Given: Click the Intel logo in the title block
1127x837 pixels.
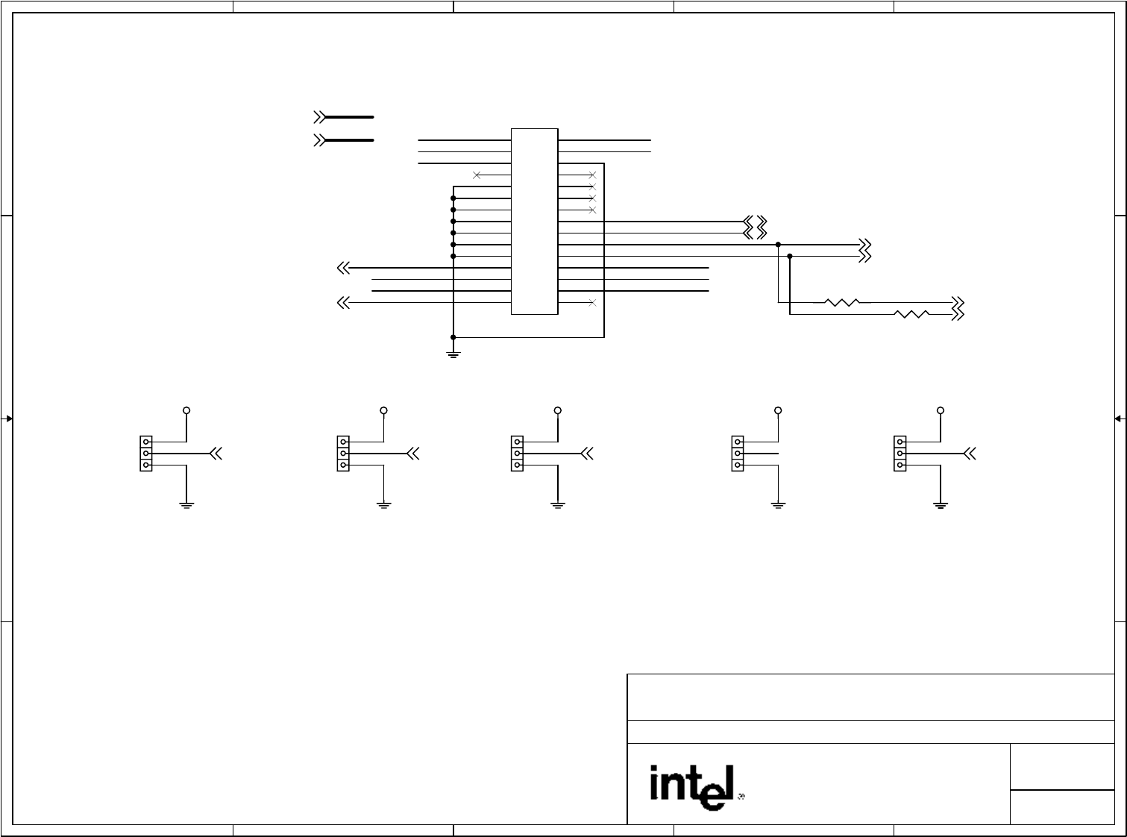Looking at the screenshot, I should pyautogui.click(x=693, y=786).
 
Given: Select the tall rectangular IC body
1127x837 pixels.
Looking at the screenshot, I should pyautogui.click(x=534, y=222).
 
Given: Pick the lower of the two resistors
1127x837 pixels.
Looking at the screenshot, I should pyautogui.click(x=911, y=314).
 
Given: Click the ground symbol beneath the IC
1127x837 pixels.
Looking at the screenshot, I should pyautogui.click(x=453, y=353).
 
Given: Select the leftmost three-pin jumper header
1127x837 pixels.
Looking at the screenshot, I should pyautogui.click(x=146, y=454).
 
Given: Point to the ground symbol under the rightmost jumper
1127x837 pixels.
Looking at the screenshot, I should pyautogui.click(x=941, y=505).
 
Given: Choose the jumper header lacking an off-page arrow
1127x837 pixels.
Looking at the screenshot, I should pyautogui.click(x=738, y=454).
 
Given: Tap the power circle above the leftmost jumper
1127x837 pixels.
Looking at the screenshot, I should pyautogui.click(x=186, y=410).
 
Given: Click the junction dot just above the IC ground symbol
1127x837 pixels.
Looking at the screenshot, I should pyautogui.click(x=453, y=337).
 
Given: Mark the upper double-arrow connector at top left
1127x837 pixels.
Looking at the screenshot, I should pyautogui.click(x=320, y=117).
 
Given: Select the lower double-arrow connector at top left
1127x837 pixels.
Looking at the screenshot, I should pyautogui.click(x=320, y=140).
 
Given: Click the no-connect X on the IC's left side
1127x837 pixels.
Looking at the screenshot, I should pyautogui.click(x=477, y=175).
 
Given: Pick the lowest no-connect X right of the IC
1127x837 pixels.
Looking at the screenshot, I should pyautogui.click(x=592, y=303).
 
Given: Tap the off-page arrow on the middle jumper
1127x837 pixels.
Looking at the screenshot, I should pyautogui.click(x=587, y=454).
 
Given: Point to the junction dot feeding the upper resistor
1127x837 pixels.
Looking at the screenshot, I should pyautogui.click(x=778, y=245).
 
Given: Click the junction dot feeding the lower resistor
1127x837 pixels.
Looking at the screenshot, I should pyautogui.click(x=790, y=257).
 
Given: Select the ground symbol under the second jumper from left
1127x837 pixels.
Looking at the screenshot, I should pyautogui.click(x=383, y=505).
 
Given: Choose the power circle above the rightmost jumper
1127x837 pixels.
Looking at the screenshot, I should pyautogui.click(x=941, y=410).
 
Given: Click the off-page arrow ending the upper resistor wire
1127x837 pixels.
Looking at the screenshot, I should pyautogui.click(x=958, y=302).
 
